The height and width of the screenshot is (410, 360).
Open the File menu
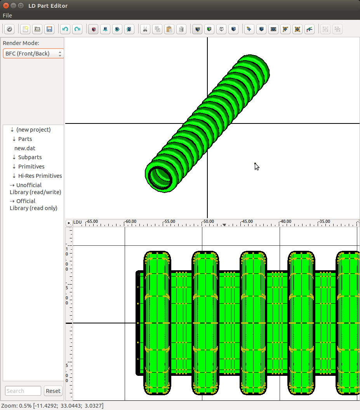tap(7, 16)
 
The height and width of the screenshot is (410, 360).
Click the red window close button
tap(6, 5)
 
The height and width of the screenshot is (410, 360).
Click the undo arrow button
tap(65, 29)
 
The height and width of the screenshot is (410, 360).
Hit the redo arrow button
tap(77, 29)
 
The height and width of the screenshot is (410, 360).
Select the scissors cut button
tap(145, 29)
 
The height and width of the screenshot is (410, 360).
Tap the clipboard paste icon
tap(169, 29)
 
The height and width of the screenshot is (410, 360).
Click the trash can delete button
tap(181, 29)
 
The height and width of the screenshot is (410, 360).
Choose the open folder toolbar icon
tap(37, 29)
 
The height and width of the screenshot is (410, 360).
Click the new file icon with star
tap(25, 29)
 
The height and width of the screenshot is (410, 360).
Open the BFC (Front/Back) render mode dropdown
tap(33, 54)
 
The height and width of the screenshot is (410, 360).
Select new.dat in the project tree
tap(25, 148)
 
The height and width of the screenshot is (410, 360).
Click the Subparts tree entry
tap(30, 157)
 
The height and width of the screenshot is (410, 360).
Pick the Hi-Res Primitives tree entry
tap(40, 176)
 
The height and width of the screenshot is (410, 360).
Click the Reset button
tap(53, 391)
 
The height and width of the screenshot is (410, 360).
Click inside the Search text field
tap(23, 391)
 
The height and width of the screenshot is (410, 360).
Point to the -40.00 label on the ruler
tap(285, 221)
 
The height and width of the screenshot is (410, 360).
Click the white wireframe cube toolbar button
tap(221, 29)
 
